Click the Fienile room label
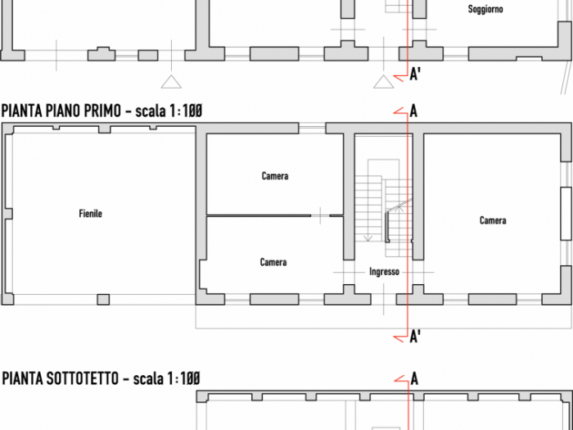(90, 214)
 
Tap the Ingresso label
(384, 272)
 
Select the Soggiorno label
(485, 10)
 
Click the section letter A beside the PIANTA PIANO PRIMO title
(414, 111)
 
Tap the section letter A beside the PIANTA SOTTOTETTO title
(414, 378)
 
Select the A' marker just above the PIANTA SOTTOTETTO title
(416, 336)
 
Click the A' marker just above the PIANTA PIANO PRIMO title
(416, 76)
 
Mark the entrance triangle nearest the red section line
(381, 81)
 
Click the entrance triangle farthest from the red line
(169, 81)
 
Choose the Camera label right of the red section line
(493, 220)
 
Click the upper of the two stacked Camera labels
(275, 176)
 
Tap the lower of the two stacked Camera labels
(273, 262)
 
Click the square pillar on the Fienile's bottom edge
(103, 299)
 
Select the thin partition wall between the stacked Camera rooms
(258, 215)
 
